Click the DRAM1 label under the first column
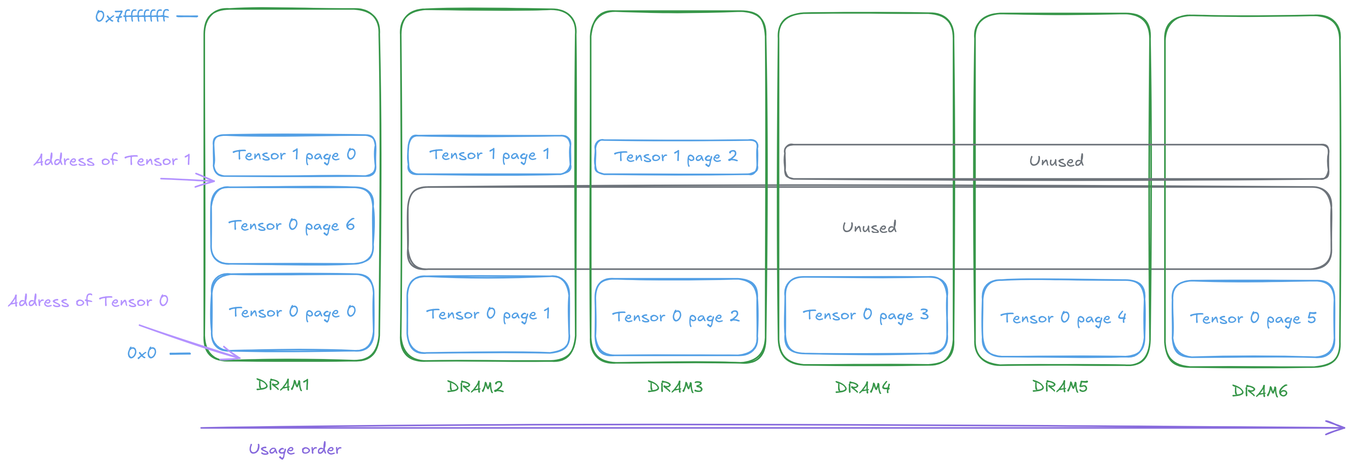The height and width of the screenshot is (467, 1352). (x=285, y=386)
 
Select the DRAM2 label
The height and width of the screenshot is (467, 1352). (x=474, y=387)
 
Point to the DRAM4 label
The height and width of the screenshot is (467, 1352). (x=861, y=389)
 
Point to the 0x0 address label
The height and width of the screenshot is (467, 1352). (x=142, y=356)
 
